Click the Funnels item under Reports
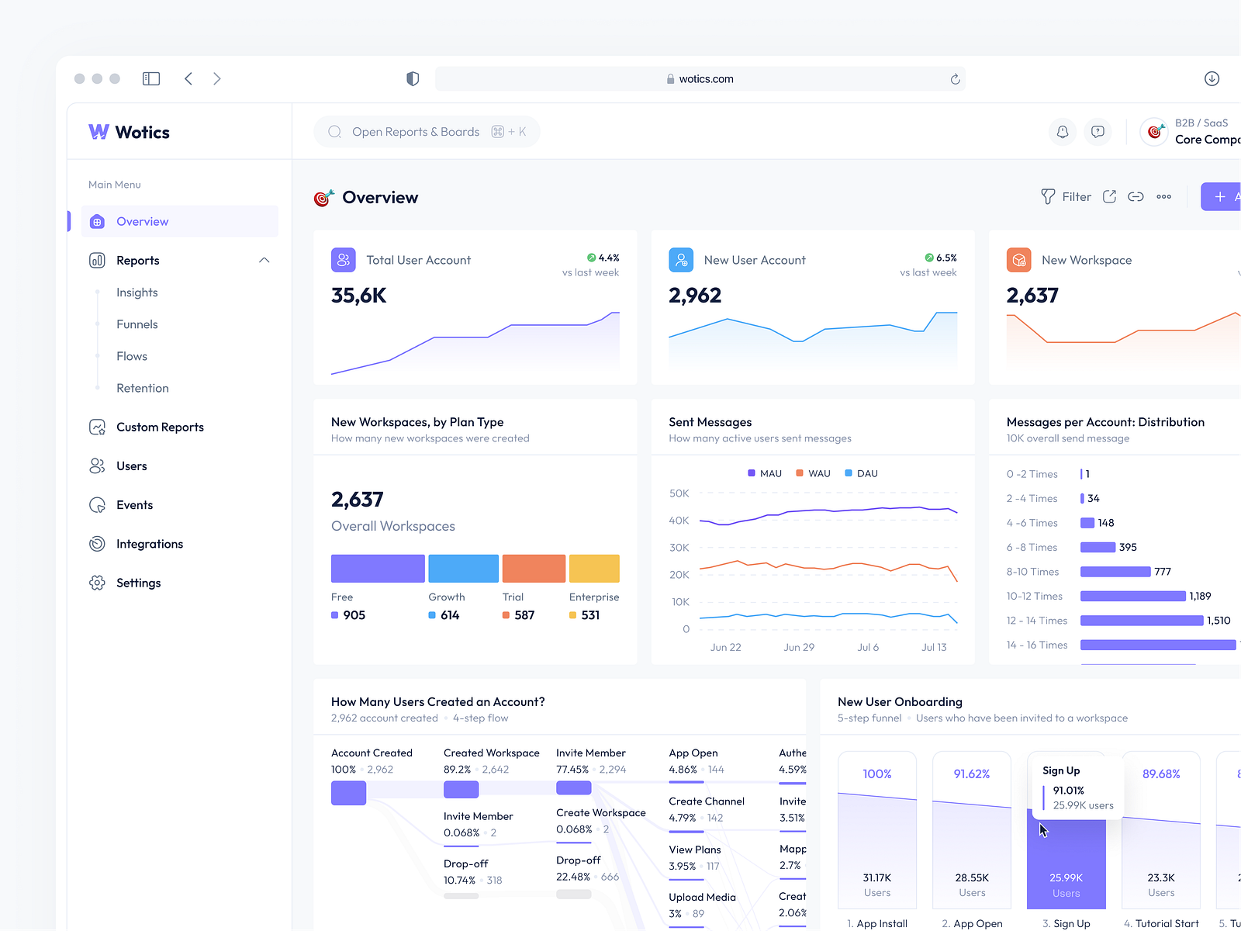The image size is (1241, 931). (x=137, y=324)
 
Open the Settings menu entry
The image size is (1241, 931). (x=138, y=583)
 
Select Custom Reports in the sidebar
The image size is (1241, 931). (x=160, y=427)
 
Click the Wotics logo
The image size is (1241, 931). (x=130, y=133)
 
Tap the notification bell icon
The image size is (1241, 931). (x=1063, y=132)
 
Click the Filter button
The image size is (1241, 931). (x=1066, y=197)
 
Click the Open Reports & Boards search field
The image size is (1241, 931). (x=416, y=132)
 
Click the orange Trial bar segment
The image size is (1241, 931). (x=534, y=569)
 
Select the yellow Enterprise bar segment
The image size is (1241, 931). (x=594, y=569)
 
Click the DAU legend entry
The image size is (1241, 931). (x=862, y=473)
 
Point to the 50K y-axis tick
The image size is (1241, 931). (x=679, y=493)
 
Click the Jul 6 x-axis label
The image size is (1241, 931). (x=868, y=647)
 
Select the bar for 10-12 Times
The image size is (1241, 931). (x=1132, y=596)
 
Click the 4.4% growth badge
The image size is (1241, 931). (x=603, y=258)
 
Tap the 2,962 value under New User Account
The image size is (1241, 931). (x=695, y=296)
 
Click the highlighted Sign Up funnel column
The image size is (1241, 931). (x=1066, y=861)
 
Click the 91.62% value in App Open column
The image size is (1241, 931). (x=972, y=774)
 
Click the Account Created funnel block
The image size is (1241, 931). (x=348, y=793)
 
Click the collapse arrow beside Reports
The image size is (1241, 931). (x=264, y=261)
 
